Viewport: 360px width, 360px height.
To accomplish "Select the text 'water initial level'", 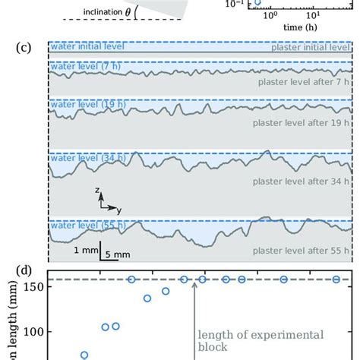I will (81, 47).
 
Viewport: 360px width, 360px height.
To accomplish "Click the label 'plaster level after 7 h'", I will (304, 81).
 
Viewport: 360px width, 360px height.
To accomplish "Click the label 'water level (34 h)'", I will (78, 157).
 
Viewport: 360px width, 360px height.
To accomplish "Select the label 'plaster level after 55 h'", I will (302, 250).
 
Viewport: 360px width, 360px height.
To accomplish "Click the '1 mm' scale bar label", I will (84, 250).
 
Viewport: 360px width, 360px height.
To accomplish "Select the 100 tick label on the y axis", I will (33, 331).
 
